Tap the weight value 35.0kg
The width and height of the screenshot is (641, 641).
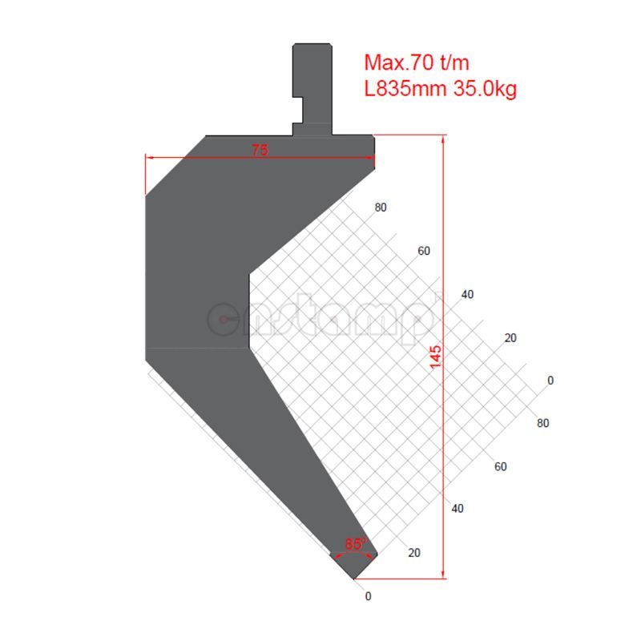point(484,89)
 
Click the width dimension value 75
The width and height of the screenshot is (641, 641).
point(260,150)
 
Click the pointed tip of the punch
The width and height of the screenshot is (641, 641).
point(353,575)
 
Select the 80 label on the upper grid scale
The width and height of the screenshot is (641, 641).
point(380,208)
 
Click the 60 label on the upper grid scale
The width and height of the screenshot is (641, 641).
point(424,251)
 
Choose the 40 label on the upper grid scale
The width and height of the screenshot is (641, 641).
point(467,295)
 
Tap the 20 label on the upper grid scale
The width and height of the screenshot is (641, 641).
point(510,337)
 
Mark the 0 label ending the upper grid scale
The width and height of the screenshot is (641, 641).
point(550,380)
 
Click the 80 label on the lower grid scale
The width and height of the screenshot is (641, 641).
point(542,423)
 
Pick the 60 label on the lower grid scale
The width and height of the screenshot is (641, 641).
point(501,466)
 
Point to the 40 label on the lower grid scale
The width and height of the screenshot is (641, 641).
point(458,508)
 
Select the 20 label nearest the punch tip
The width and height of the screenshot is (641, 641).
point(414,552)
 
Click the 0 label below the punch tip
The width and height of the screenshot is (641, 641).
point(368,596)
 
